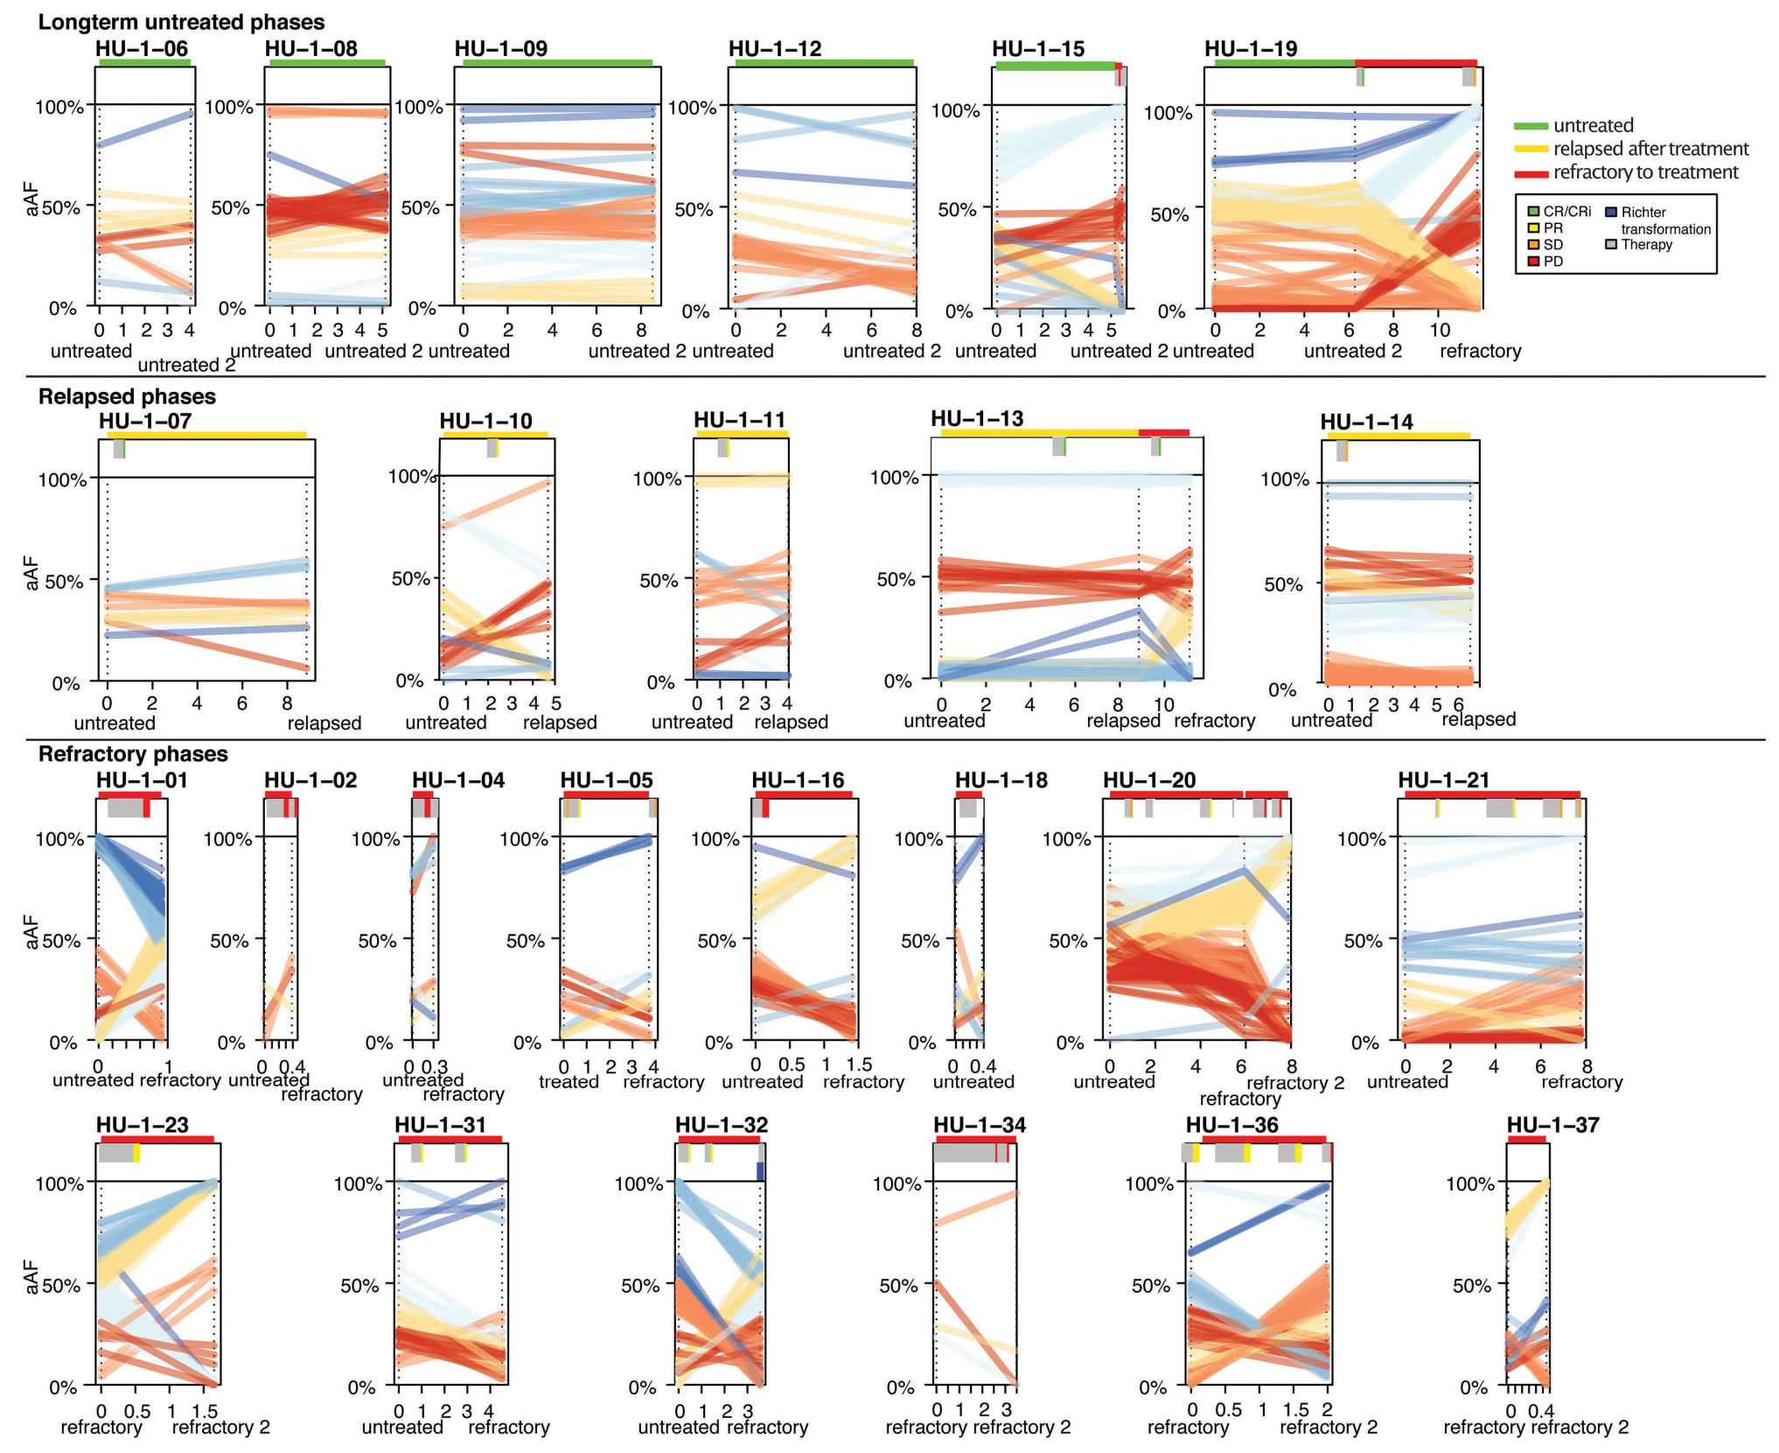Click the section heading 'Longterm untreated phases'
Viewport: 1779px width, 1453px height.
click(x=181, y=22)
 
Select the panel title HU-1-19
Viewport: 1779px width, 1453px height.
click(x=1251, y=49)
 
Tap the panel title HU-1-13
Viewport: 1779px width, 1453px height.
click(x=977, y=419)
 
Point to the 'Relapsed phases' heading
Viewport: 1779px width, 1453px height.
click(x=127, y=396)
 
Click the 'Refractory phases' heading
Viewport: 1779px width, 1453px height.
click(x=133, y=754)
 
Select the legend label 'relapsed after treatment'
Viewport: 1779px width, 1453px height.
click(x=1650, y=149)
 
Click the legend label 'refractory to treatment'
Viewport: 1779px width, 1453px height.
click(x=1645, y=172)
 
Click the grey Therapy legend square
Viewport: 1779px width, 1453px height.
click(x=1611, y=244)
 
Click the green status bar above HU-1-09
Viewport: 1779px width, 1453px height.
click(x=557, y=63)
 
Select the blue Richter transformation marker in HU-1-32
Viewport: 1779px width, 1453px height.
click(x=760, y=1171)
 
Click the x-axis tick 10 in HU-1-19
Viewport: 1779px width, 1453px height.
click(x=1440, y=330)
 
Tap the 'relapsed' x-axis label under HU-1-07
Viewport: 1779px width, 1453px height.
click(x=324, y=723)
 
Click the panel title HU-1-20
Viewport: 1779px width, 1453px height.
click(x=1149, y=780)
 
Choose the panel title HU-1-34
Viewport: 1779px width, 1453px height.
click(x=980, y=1125)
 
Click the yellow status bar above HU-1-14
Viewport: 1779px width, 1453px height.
click(x=1398, y=436)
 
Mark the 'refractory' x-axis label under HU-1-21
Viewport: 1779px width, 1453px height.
click(x=1581, y=1082)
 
